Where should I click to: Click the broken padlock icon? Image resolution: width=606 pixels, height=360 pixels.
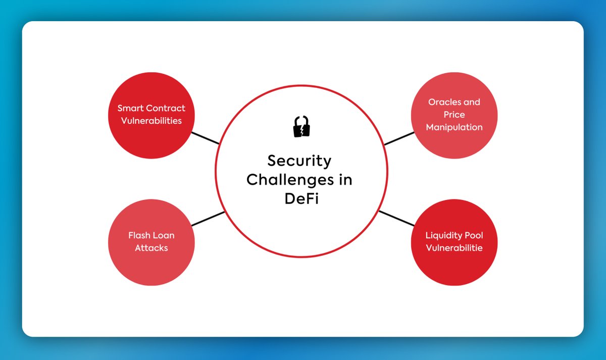coord(301,126)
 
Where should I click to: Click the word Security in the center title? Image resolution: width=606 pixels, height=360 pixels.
coord(299,161)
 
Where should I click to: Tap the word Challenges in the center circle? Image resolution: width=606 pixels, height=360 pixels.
coord(285,180)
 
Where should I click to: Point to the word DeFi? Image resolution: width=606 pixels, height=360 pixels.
coord(301,198)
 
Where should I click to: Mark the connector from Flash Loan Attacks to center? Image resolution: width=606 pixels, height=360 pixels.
coord(208,219)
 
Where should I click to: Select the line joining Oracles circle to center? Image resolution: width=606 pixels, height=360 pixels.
coord(399,139)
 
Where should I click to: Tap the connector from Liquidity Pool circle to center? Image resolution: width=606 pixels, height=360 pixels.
coord(396,218)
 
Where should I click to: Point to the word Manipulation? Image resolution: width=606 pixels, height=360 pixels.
coord(454,127)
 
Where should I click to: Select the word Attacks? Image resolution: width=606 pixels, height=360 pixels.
coord(151,248)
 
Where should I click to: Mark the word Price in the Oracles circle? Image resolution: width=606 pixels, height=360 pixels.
coord(454,115)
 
